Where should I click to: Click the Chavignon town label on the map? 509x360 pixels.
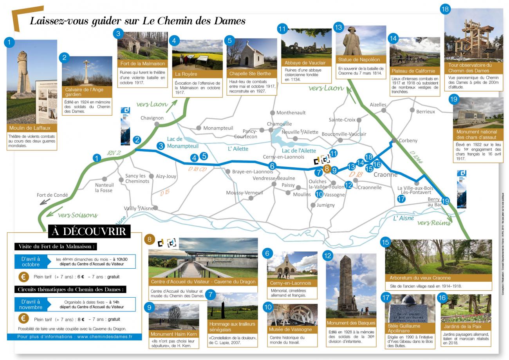[152, 118]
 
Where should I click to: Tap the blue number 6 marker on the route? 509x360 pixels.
[273, 166]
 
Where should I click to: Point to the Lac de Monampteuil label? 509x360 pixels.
[180, 143]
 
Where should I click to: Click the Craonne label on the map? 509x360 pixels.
[385, 175]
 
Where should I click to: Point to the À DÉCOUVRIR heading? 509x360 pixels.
[89, 232]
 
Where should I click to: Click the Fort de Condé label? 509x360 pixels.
[52, 195]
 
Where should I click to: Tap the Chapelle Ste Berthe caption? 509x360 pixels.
[252, 74]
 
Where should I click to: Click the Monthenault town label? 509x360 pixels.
[291, 112]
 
